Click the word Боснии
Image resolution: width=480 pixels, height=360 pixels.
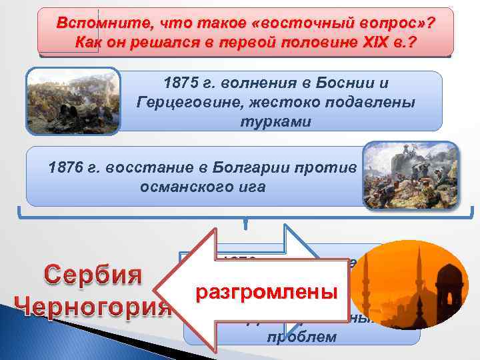[x=356, y=85]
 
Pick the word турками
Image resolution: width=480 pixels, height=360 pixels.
[x=275, y=123]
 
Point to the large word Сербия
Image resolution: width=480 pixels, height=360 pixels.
[x=93, y=275]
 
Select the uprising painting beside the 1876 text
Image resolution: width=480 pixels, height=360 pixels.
[x=411, y=174]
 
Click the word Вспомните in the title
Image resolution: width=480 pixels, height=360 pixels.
[x=94, y=23]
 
